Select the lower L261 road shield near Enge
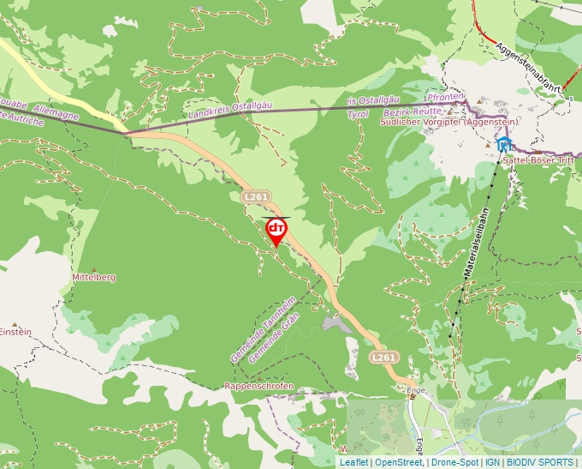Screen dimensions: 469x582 (x=384, y=357)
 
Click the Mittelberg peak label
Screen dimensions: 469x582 (x=94, y=278)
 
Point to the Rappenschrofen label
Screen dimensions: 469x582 (x=258, y=386)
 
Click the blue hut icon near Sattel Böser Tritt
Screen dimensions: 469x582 (x=505, y=144)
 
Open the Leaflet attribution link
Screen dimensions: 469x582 (x=353, y=462)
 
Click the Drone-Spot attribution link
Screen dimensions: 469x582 (x=454, y=462)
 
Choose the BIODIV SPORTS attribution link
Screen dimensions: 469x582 (x=539, y=462)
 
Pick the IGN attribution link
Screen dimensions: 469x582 (x=492, y=462)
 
